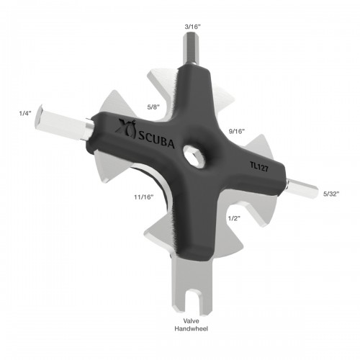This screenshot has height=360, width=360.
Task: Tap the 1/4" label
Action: pos(26,112)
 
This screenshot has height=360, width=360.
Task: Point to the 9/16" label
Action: pos(237,131)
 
